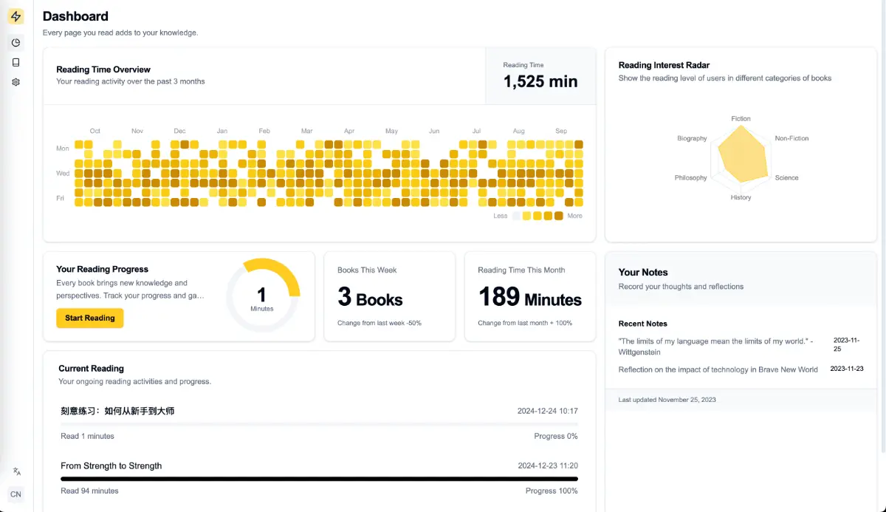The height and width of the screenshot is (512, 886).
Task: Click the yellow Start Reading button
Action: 90,318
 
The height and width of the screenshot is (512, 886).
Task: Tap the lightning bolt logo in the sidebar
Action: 16,16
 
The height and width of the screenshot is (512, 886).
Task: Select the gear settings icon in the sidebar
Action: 16,82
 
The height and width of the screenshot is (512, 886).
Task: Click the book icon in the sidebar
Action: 16,63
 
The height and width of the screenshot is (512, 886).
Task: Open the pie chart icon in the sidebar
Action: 16,43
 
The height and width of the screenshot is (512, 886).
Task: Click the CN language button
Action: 16,494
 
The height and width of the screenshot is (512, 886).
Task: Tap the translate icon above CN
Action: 16,471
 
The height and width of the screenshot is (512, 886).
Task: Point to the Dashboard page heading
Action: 75,16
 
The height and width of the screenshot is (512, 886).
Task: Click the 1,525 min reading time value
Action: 540,81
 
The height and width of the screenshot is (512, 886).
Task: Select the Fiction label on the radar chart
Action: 741,119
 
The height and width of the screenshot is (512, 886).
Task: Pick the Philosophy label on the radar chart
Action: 690,177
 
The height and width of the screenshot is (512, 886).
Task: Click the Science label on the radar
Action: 786,177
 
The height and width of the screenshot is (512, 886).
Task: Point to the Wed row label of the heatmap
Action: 63,174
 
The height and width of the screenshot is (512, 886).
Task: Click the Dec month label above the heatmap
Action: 179,131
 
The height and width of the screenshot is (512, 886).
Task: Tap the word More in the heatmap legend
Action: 574,216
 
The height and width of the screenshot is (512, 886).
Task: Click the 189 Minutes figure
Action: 529,297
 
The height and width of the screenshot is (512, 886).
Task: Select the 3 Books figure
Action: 370,297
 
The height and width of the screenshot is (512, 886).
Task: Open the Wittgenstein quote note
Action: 715,347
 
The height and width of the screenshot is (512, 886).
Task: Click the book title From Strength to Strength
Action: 111,465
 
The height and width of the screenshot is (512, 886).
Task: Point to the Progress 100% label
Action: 552,491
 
